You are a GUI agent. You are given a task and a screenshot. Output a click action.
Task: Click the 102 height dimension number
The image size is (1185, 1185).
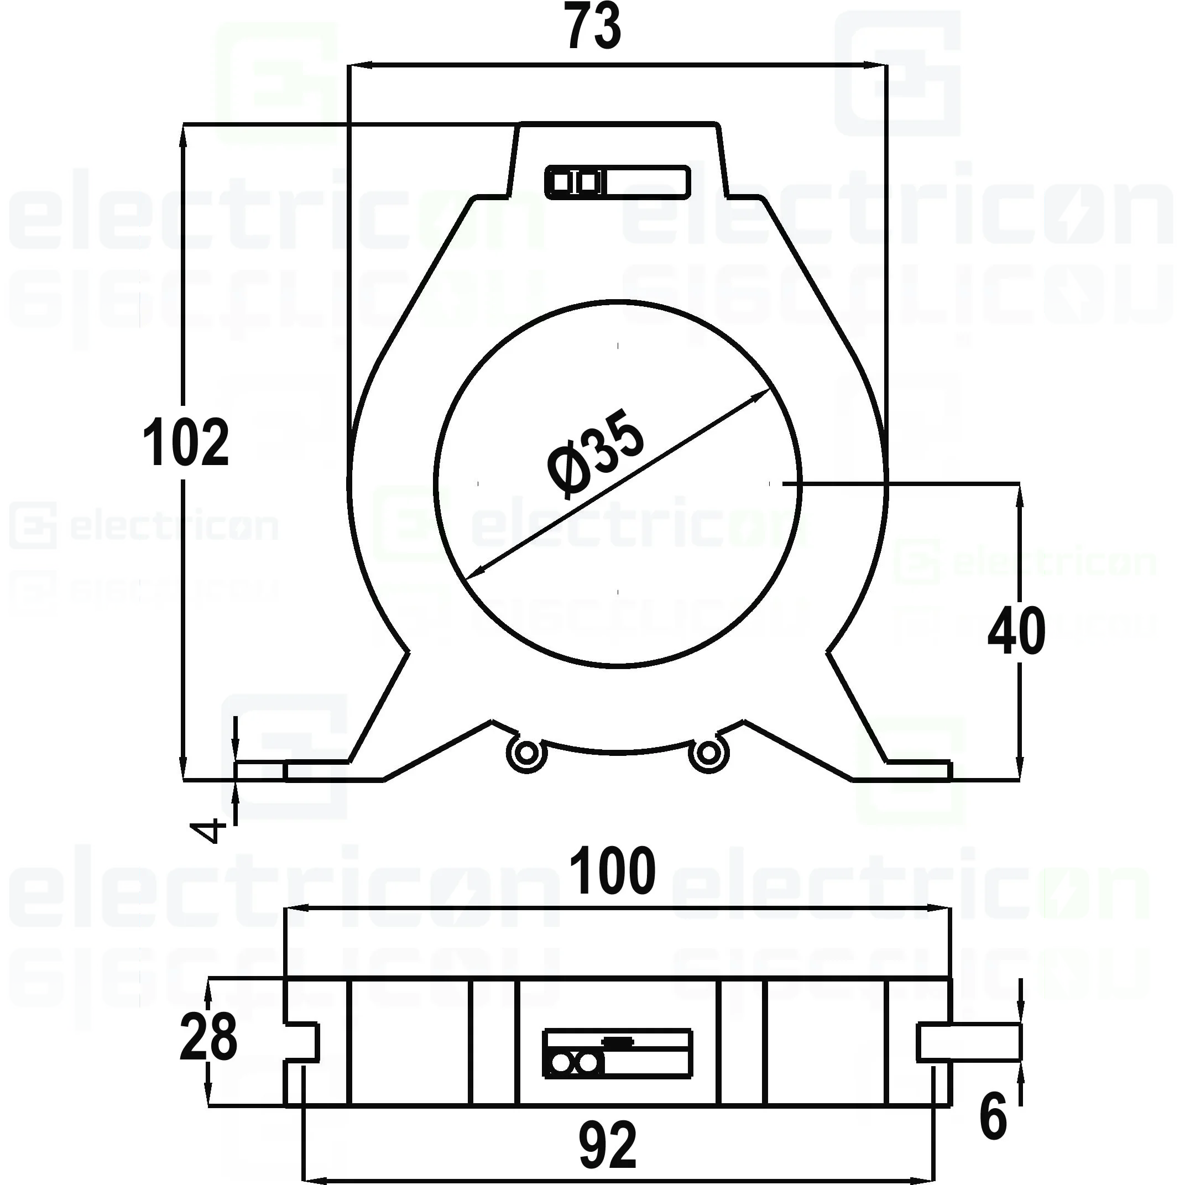click(185, 442)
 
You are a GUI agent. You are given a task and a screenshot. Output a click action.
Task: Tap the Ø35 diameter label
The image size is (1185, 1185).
click(595, 453)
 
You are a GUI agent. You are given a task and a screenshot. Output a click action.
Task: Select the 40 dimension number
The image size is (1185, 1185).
click(1016, 631)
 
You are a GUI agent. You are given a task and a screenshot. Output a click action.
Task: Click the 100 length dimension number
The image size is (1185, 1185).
click(612, 871)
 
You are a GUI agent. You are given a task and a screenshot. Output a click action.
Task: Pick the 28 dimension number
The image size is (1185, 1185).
click(208, 1037)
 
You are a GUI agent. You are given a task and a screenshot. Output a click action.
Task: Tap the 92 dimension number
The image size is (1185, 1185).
click(607, 1145)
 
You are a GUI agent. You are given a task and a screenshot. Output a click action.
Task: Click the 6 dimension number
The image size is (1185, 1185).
click(993, 1116)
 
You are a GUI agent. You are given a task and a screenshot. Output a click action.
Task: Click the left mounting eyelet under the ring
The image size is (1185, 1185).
click(526, 753)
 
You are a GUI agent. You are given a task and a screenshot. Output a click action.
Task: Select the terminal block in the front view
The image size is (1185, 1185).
click(617, 182)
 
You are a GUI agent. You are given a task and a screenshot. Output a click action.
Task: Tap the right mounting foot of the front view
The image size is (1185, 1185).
click(918, 770)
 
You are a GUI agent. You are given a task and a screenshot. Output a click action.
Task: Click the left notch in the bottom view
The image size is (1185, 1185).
click(302, 1042)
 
